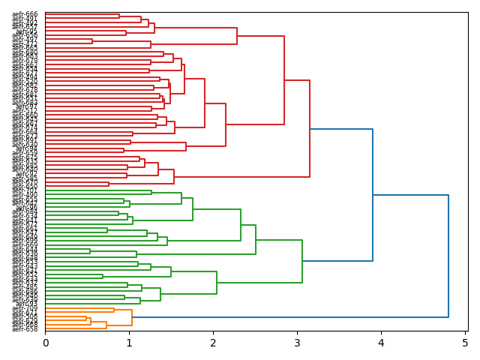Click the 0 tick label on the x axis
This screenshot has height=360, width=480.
click(45, 343)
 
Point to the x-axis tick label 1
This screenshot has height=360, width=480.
click(129, 343)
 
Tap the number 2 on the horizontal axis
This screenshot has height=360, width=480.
click(213, 343)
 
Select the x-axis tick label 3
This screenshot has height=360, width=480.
click(297, 343)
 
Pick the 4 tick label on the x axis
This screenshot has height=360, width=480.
click(381, 343)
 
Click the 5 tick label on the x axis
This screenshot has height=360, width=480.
click(464, 343)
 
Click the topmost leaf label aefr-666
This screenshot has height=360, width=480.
click(25, 14)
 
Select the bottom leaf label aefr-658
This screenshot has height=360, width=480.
click(25, 329)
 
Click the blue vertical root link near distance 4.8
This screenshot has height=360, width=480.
click(448, 256)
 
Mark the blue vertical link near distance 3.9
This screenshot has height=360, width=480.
click(373, 195)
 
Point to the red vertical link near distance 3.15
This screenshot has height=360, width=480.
click(310, 128)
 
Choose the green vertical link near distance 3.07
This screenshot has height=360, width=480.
click(302, 261)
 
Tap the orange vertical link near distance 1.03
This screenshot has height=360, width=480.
click(132, 317)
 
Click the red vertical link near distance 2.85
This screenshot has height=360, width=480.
click(284, 80)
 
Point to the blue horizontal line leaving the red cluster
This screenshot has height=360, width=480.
click(341, 129)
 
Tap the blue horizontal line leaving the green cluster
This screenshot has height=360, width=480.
click(337, 261)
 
